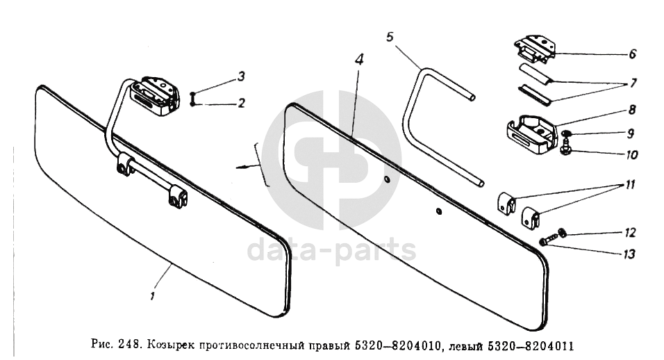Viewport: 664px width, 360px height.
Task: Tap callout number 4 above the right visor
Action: point(359,59)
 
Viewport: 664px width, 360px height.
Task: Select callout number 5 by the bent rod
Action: point(390,37)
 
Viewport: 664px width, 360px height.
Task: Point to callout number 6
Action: point(632,54)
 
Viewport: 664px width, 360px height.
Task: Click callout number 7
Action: point(633,83)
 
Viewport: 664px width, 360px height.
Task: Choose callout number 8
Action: point(632,110)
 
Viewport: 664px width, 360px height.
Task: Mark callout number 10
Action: point(631,155)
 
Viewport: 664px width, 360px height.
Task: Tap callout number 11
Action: point(631,185)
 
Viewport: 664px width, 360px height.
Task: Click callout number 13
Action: point(630,254)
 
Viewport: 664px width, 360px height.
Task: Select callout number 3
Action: point(241,76)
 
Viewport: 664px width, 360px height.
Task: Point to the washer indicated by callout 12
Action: point(563,233)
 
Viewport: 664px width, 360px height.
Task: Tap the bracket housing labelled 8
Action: point(531,135)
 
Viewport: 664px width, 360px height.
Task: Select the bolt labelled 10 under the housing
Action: point(565,149)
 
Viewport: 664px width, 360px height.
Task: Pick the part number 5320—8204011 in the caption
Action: point(531,346)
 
